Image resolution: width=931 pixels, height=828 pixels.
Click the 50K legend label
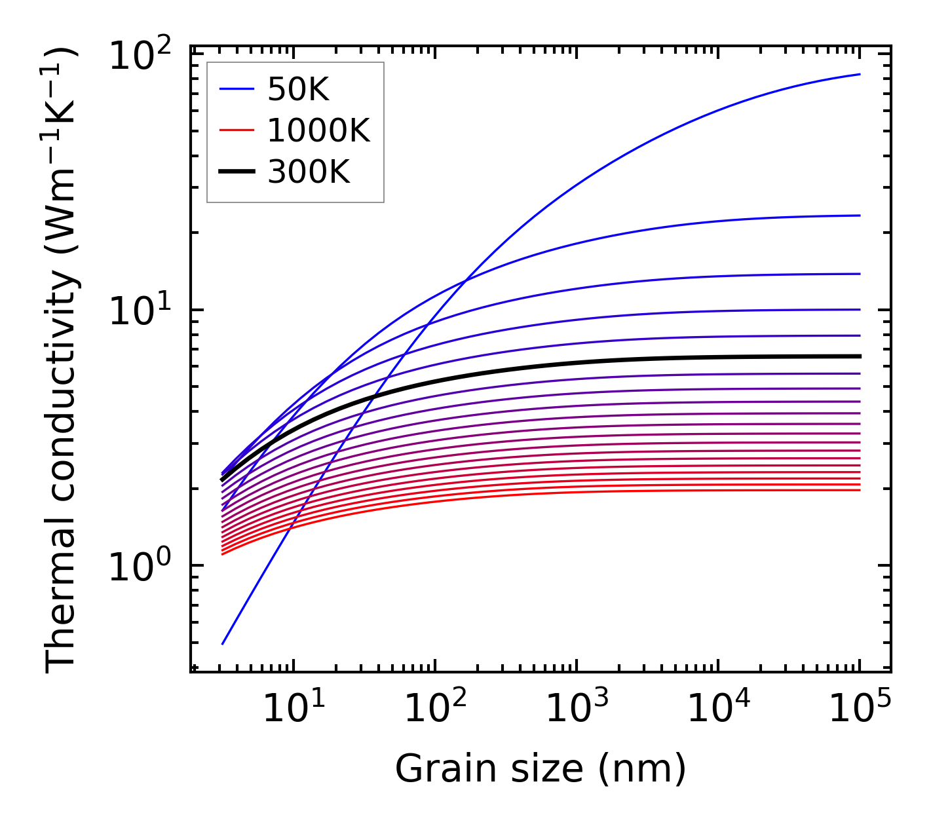pos(298,90)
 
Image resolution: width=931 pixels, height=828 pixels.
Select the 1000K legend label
pos(318,131)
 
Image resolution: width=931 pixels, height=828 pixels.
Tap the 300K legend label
pos(309,172)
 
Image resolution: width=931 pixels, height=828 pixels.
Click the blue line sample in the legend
pos(236,90)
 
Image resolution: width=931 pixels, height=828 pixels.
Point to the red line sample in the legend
pos(236,131)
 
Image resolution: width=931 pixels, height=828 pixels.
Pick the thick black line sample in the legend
pos(236,172)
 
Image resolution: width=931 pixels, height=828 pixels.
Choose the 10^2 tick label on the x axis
pos(436,707)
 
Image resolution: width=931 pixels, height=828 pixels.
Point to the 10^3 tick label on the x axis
pos(577,707)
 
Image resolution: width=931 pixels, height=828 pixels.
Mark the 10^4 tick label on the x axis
pos(719,707)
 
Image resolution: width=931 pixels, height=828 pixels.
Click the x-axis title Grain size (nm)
pos(541,768)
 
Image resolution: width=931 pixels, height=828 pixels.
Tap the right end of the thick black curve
pos(860,356)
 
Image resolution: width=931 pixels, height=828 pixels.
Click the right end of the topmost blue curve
pos(860,74)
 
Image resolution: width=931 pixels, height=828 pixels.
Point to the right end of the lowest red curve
pos(860,490)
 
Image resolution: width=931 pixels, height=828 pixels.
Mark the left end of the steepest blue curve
pos(223,644)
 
